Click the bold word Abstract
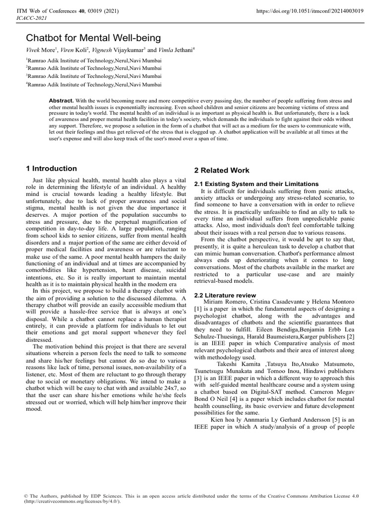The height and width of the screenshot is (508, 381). pos(61,100)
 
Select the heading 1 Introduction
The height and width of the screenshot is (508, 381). pos(51,169)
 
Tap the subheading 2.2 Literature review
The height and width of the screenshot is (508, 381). pos(224,295)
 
